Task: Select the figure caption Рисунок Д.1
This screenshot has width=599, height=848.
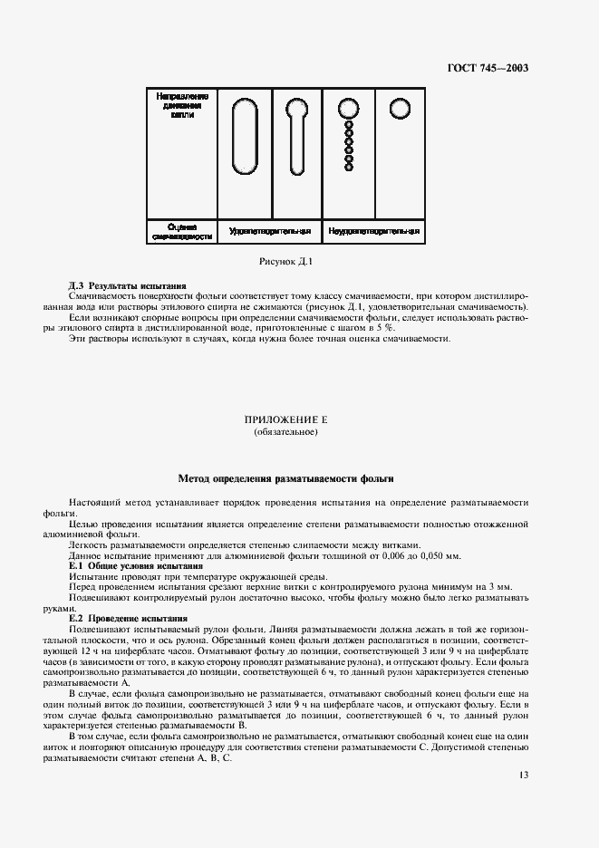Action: pos(285,262)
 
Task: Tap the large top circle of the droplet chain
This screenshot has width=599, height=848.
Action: pos(349,110)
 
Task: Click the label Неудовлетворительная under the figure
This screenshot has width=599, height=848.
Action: pos(373,231)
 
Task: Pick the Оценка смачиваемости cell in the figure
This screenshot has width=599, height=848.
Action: pos(182,231)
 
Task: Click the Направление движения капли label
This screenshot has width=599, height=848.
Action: pos(182,106)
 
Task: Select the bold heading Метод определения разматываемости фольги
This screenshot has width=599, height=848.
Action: pos(285,477)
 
